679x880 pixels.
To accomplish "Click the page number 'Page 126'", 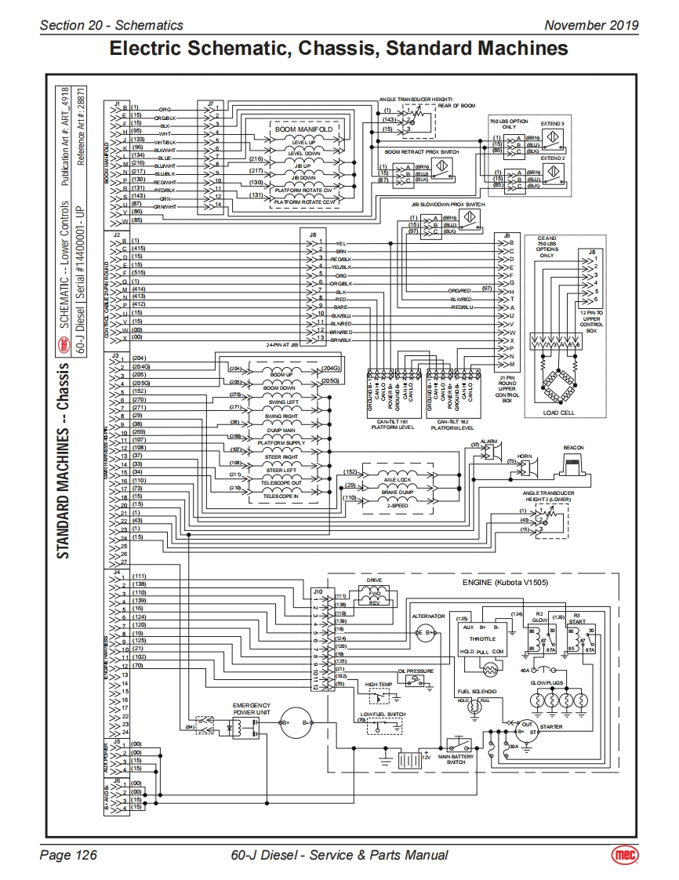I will [x=68, y=855].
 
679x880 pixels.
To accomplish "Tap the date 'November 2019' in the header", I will [x=592, y=25].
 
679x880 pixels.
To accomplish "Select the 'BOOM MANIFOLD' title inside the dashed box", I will [x=304, y=129].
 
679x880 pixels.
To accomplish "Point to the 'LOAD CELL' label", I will [x=559, y=413].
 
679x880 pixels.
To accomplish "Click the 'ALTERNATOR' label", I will [x=428, y=616].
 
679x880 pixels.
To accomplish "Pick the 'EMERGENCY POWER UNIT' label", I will [x=251, y=709].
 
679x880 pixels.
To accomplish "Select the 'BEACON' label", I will [x=574, y=447].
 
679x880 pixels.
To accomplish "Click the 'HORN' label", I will [x=524, y=456].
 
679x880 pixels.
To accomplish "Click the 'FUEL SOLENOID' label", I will [x=477, y=691].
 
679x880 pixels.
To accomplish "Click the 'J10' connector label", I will [x=318, y=591].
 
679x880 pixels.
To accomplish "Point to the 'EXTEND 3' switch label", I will [x=552, y=125].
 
